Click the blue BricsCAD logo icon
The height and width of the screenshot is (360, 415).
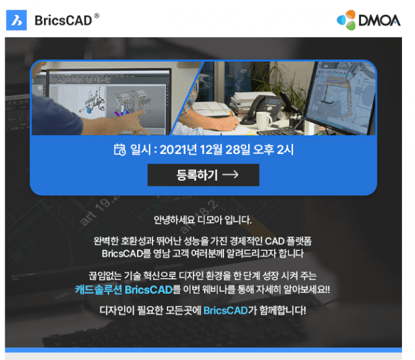[16, 20]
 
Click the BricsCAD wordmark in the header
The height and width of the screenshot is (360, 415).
[63, 21]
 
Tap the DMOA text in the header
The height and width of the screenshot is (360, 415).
[379, 20]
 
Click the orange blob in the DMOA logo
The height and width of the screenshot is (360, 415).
[351, 14]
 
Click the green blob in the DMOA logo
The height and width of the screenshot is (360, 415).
[351, 26]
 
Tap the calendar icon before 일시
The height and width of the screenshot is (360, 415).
[119, 149]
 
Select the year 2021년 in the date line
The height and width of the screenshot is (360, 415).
[178, 149]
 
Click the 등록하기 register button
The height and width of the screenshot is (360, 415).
[203, 175]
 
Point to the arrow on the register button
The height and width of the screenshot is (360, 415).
[231, 175]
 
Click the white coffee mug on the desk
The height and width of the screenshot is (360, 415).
[264, 120]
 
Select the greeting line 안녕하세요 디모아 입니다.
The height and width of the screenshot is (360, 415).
[203, 220]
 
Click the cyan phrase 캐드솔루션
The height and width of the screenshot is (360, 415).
[99, 290]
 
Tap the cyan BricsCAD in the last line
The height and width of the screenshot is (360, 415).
[225, 310]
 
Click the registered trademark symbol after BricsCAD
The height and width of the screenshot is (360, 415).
[97, 16]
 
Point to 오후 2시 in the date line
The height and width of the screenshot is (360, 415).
[273, 149]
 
